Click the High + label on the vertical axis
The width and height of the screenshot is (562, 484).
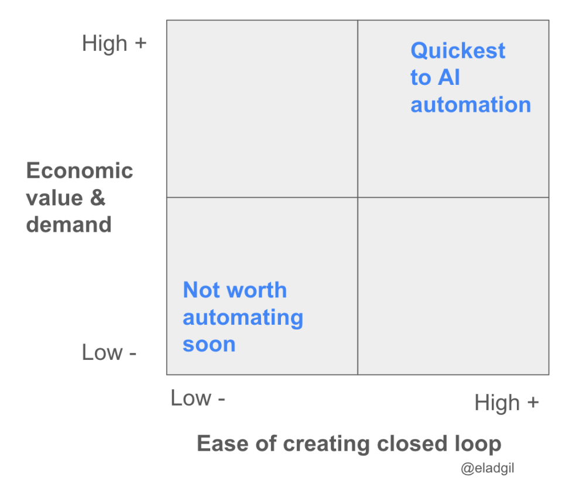tap(114, 44)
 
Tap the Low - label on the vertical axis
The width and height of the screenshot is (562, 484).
tap(109, 352)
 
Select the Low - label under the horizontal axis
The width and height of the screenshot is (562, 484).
tap(197, 398)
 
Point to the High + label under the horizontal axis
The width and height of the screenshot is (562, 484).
tap(506, 403)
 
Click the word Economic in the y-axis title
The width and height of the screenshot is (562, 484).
tap(80, 170)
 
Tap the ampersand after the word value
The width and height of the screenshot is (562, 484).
tap(98, 197)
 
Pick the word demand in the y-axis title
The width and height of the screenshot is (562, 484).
tap(69, 225)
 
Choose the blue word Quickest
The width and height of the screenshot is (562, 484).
tap(458, 50)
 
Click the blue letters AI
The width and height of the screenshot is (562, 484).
tap(449, 77)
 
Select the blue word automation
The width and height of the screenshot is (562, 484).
tap(471, 105)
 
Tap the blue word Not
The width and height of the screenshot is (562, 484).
tap(201, 290)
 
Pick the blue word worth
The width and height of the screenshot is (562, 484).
tap(256, 290)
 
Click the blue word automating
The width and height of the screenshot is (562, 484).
tap(243, 318)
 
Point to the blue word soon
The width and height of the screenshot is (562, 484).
tap(209, 345)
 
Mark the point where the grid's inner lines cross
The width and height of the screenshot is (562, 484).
tap(358, 197)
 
